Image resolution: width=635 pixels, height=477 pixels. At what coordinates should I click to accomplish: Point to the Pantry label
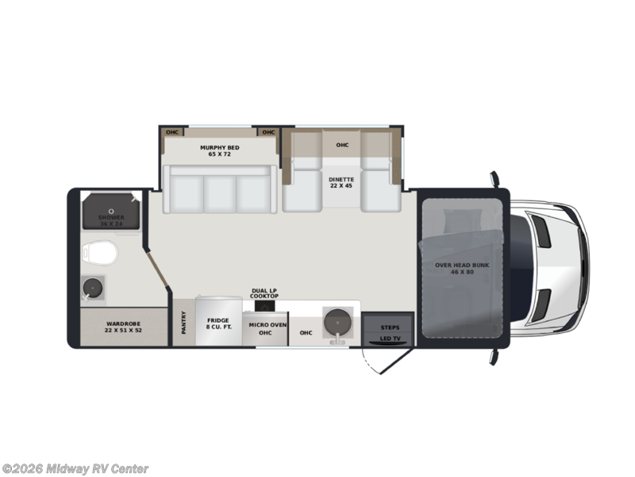click(183, 323)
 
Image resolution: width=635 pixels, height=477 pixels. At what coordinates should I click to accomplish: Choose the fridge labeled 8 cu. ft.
click(217, 323)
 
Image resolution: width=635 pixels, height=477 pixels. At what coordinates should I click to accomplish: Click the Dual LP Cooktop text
click(264, 293)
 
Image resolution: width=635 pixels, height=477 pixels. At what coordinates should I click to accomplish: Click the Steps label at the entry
click(390, 327)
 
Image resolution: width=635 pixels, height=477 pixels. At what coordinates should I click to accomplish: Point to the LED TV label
click(390, 339)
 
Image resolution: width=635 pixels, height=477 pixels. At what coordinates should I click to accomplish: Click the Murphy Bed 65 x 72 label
click(219, 150)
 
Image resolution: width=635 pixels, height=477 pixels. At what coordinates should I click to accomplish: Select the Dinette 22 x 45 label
click(341, 182)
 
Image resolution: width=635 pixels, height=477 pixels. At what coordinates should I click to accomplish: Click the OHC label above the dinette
click(342, 145)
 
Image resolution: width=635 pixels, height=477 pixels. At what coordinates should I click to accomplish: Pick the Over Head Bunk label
click(454, 268)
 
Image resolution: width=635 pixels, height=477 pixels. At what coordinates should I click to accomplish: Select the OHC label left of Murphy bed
click(171, 132)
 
